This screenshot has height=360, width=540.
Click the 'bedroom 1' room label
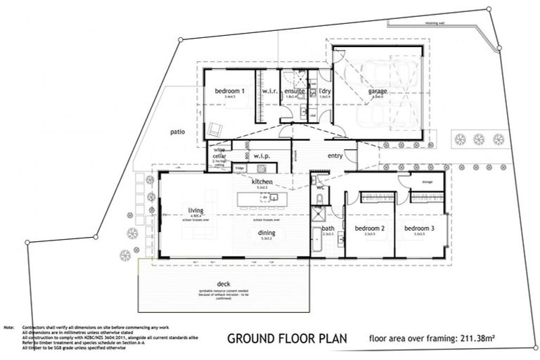(229, 91)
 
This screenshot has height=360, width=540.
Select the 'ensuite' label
(294, 91)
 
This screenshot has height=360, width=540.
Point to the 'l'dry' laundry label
(324, 91)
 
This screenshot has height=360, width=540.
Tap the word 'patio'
(177, 131)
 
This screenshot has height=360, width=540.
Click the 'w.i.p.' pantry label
(262, 156)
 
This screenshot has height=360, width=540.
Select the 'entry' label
(335, 155)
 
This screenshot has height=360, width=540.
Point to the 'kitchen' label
(264, 182)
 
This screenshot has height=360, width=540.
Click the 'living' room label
(195, 209)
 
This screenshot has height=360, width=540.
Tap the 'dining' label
(266, 233)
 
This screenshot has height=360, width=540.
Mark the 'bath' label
(328, 229)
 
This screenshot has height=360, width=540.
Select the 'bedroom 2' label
(369, 229)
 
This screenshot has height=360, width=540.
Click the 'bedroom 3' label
(419, 229)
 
